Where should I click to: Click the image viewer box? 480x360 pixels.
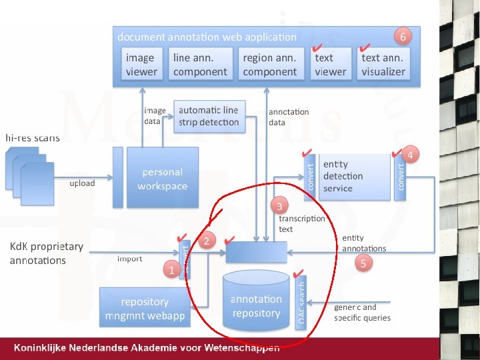pyautogui.click(x=141, y=65)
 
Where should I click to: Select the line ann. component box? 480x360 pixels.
pyautogui.click(x=200, y=65)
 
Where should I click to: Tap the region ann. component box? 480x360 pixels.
pyautogui.click(x=270, y=65)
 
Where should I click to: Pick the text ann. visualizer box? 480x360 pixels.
pyautogui.click(x=383, y=65)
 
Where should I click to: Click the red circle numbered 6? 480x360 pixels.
pyautogui.click(x=402, y=34)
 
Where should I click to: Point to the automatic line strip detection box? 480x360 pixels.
pyautogui.click(x=209, y=116)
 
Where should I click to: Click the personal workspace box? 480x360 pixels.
pyautogui.click(x=163, y=178)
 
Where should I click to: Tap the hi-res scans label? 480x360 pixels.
pyautogui.click(x=33, y=138)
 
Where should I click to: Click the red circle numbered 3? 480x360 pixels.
pyautogui.click(x=280, y=205)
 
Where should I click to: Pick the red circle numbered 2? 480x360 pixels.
pyautogui.click(x=208, y=241)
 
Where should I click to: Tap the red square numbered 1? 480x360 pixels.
pyautogui.click(x=171, y=270)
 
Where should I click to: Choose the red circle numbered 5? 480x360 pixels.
pyautogui.click(x=363, y=263)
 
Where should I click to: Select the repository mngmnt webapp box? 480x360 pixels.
pyautogui.click(x=145, y=307)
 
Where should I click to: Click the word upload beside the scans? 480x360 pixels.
pyautogui.click(x=83, y=183)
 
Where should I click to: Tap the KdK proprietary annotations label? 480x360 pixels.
pyautogui.click(x=47, y=253)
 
